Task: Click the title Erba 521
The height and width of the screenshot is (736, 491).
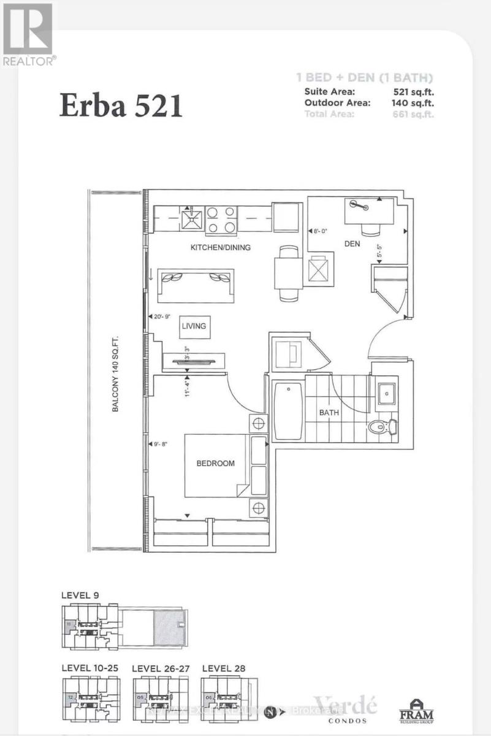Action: (121, 105)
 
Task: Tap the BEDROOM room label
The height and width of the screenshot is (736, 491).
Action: (215, 464)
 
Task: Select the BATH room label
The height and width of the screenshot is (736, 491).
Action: (329, 413)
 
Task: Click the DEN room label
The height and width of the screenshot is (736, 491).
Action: (351, 244)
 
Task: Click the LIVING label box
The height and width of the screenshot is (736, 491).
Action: (195, 326)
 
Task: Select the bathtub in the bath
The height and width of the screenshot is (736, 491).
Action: (287, 411)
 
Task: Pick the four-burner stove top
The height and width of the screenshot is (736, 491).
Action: (221, 220)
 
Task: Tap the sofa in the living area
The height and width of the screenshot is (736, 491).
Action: (196, 285)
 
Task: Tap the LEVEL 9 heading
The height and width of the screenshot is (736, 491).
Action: (80, 595)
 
